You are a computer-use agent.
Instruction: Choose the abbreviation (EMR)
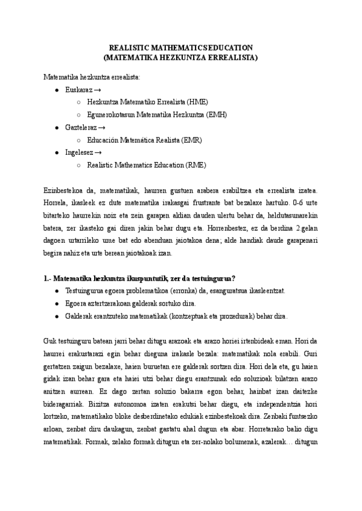pyautogui.click(x=190, y=140)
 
